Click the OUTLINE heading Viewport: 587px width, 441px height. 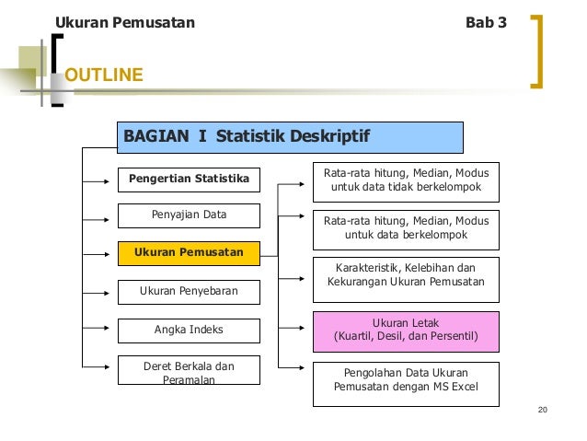[x=104, y=75]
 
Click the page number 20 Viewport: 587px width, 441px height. [x=542, y=410]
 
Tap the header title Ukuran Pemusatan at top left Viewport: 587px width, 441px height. [x=125, y=22]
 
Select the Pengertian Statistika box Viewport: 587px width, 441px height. [x=189, y=179]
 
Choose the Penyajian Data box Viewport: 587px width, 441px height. [x=189, y=215]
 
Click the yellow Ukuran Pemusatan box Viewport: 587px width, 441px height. [x=189, y=252]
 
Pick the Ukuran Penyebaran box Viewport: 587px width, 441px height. [x=189, y=292]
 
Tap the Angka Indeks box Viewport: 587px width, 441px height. [x=189, y=330]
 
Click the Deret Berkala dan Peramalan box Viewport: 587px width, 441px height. [x=189, y=372]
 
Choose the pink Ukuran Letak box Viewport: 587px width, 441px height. [x=406, y=331]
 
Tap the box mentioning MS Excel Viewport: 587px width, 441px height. [x=406, y=385]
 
